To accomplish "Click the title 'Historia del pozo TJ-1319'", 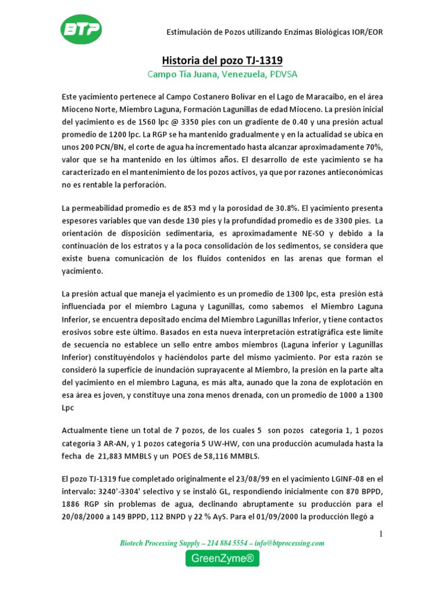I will tap(222, 61).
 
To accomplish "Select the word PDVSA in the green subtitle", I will tap(283, 75).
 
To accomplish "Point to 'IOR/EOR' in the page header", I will tap(367, 32).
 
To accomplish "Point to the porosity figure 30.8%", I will tap(269, 207).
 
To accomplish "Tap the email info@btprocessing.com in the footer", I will tap(289, 543).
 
